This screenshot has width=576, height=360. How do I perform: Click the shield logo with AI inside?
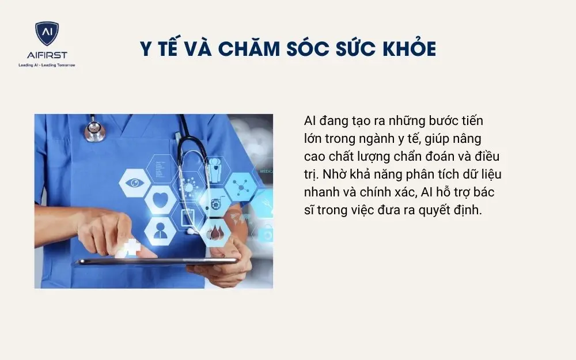point(47,33)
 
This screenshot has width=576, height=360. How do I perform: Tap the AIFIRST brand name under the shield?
point(47,55)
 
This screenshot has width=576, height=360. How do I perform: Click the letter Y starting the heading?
point(147,49)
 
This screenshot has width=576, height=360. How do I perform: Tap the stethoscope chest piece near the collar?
point(95,131)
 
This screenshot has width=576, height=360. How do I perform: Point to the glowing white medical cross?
point(131,248)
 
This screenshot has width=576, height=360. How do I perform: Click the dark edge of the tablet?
point(156,262)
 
